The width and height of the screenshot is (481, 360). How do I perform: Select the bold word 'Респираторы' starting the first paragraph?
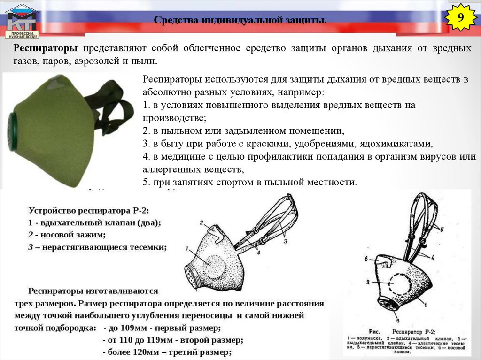point(46,48)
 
